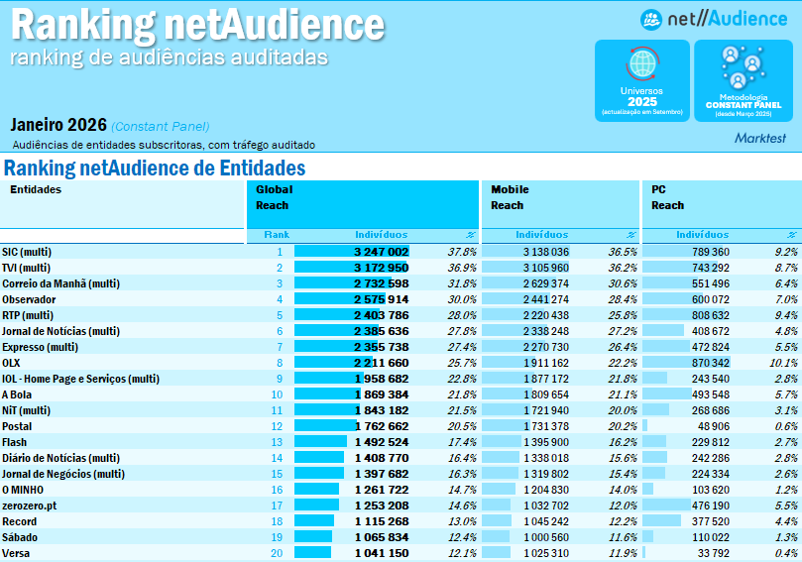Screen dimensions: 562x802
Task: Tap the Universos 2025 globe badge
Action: point(641,80)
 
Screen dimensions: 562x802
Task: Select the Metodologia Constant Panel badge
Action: point(743,80)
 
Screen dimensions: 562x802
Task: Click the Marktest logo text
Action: point(760,139)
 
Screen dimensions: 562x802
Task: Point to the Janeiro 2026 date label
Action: point(58,125)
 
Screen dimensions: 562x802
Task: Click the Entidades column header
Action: point(36,188)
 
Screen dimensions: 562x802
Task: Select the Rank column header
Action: point(276,235)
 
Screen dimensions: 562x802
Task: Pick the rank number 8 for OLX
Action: point(280,363)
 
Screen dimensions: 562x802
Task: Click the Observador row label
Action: point(29,299)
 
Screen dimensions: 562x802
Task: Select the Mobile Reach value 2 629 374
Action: point(542,283)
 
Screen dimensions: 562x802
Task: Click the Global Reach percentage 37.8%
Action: point(462,252)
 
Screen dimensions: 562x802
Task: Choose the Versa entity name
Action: point(15,553)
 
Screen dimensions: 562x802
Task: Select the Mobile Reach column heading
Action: point(510,197)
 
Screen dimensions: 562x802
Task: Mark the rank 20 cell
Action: point(277,553)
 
